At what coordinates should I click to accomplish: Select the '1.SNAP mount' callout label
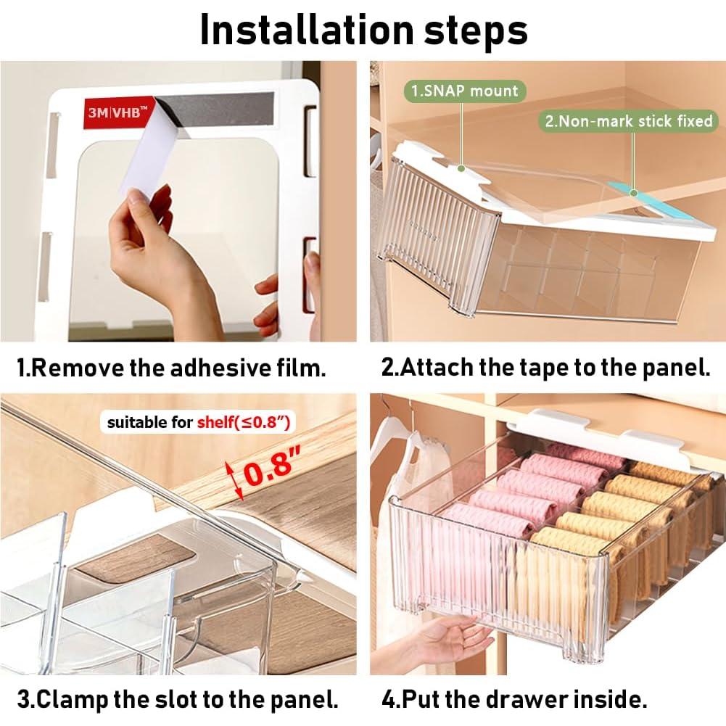tap(464, 91)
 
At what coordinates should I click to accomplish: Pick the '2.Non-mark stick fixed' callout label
tap(629, 120)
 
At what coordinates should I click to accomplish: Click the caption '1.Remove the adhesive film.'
tap(171, 367)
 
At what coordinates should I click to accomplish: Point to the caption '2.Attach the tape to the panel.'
tap(545, 367)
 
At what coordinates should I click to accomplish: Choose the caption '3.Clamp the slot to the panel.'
tap(178, 699)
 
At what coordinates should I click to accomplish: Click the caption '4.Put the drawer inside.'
tap(514, 699)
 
